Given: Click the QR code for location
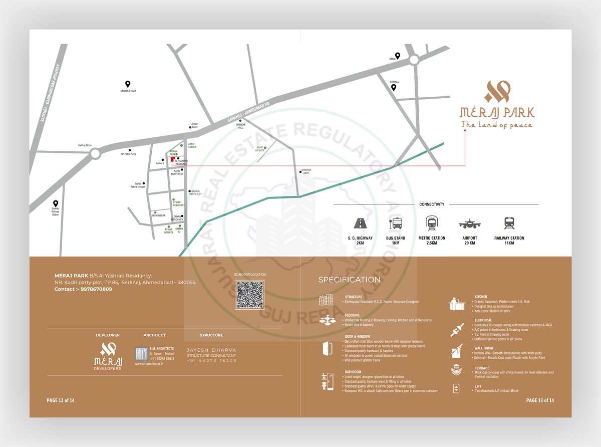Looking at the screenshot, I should pos(250,295).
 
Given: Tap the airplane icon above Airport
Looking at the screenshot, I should pos(469,223).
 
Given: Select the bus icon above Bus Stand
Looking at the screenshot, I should pos(396,223).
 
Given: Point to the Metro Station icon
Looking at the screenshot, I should pos(431,223).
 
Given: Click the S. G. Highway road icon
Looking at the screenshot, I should pos(360,223).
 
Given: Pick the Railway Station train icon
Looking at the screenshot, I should pos(509,223).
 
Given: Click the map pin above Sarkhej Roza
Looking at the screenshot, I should pos(128,85).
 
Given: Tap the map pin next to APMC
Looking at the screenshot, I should pos(397,56).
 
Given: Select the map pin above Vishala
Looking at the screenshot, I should pos(394,88).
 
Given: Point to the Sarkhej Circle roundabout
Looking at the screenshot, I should pos(95,153).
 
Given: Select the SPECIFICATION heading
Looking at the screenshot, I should pos(349,280).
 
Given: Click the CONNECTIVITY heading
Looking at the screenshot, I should pos(432,204).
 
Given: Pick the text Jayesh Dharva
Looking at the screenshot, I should pos(211,350).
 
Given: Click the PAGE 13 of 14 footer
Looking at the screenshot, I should pos(540,400).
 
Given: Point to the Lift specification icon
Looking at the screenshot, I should pos(456,388).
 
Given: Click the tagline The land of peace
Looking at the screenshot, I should pos(496,125).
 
